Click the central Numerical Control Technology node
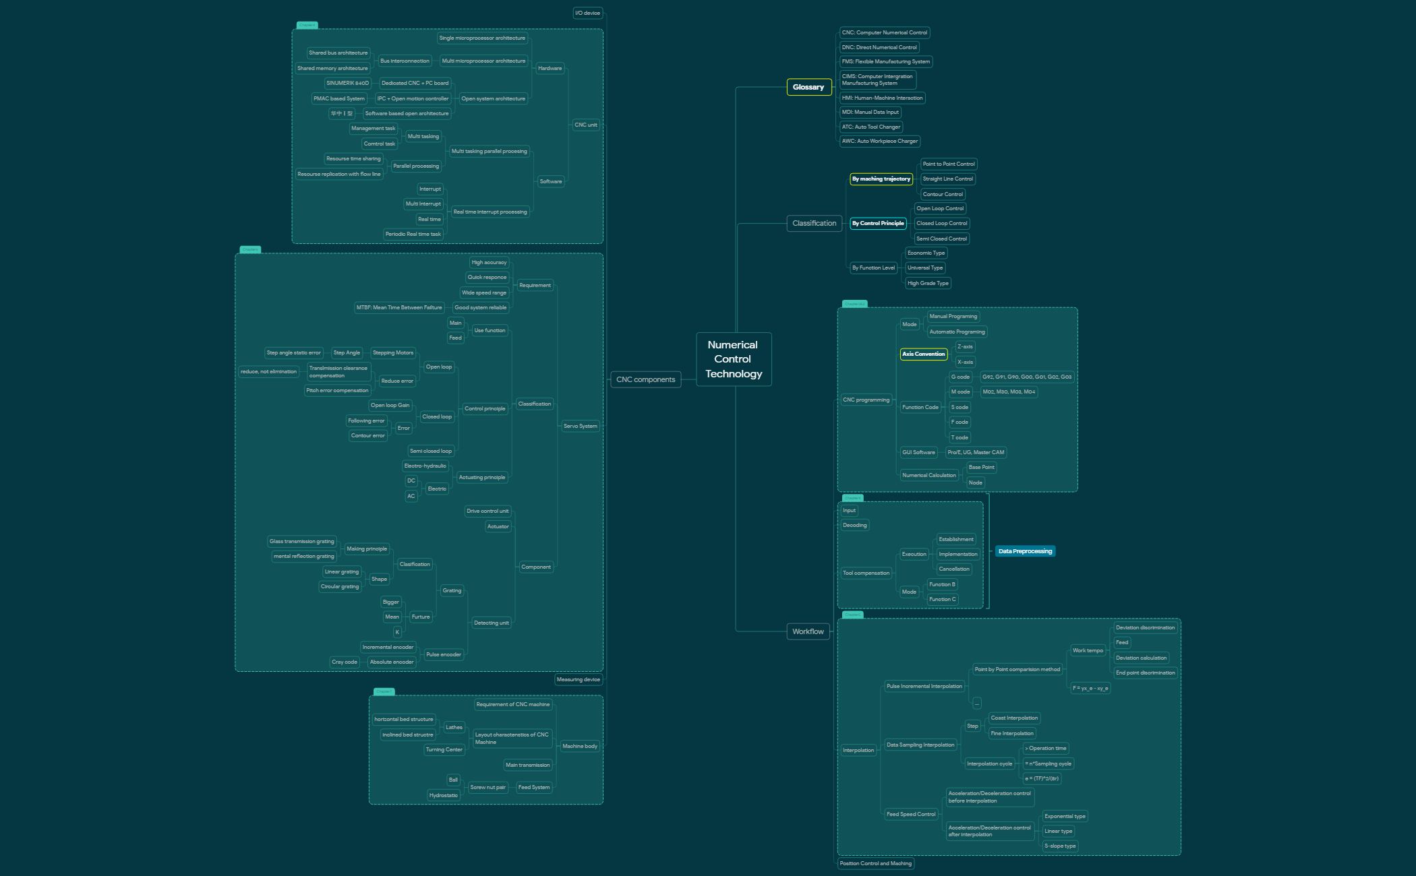(734, 359)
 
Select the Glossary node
(808, 87)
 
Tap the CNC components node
(645, 379)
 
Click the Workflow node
(808, 631)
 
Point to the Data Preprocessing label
(1025, 551)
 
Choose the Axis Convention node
(923, 354)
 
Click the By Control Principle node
(877, 223)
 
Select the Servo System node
(580, 426)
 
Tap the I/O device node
(587, 13)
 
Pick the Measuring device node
(578, 679)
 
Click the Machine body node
(579, 746)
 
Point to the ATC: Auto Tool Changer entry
(871, 127)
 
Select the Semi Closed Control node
(941, 239)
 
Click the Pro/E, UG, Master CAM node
(975, 452)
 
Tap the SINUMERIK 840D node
(347, 83)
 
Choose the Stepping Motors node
(392, 352)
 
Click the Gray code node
(344, 662)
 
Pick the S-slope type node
(1060, 846)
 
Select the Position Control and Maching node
(875, 863)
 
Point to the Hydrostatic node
(443, 795)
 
